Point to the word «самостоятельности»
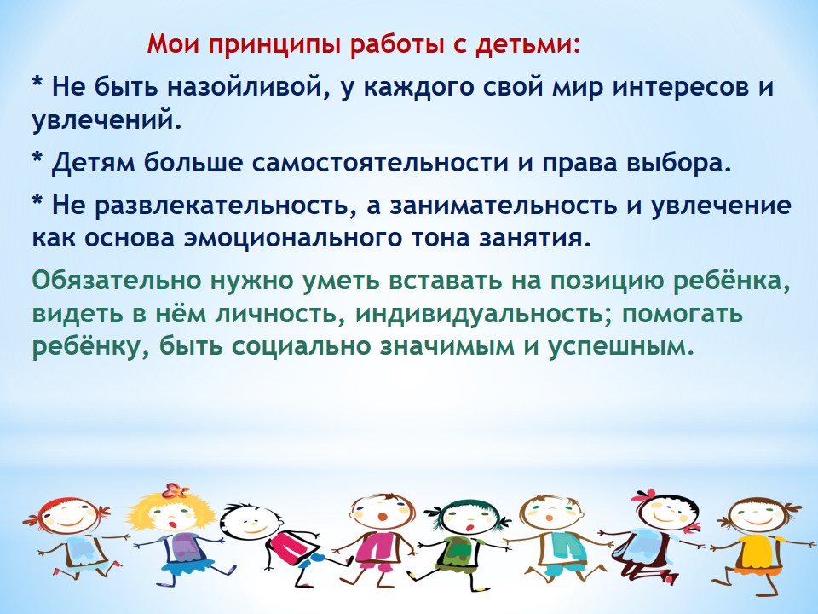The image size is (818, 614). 380,163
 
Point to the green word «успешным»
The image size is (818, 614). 621,347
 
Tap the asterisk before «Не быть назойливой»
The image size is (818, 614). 37,83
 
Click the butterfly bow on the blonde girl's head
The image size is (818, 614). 174,491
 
